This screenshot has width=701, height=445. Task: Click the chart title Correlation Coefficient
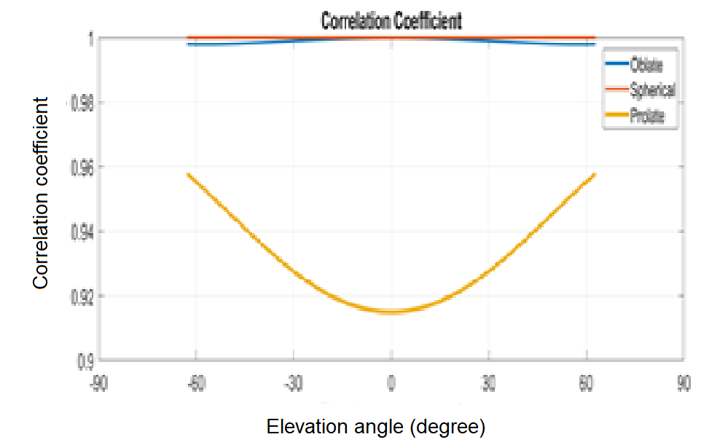point(391,21)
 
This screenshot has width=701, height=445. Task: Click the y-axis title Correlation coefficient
point(42,193)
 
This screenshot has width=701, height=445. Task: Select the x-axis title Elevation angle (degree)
point(376,425)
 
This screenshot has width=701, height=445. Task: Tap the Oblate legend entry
point(646,66)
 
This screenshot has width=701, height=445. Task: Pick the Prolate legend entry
point(646,116)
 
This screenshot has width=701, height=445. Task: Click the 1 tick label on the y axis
point(89,39)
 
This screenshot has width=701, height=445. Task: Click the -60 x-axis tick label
point(195,384)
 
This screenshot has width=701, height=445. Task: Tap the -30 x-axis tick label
point(293,384)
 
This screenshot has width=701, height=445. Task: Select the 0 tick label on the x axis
point(391,384)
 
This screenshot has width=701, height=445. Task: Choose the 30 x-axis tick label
point(489,384)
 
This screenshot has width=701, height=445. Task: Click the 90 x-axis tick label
point(684,384)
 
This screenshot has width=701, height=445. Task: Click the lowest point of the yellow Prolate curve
point(391,311)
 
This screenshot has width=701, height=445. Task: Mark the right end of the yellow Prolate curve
point(595,175)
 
